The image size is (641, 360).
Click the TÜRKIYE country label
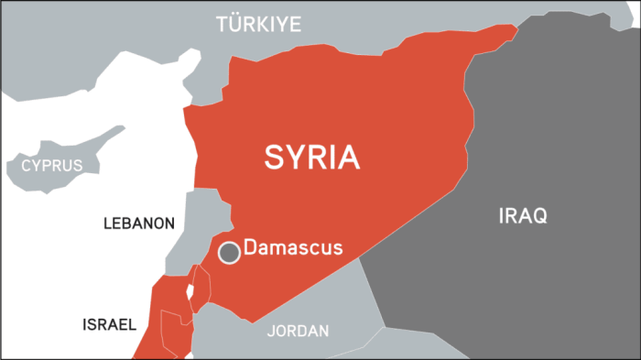tap(258, 25)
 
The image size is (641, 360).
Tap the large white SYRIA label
tap(312, 158)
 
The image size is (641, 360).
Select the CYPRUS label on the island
tap(51, 167)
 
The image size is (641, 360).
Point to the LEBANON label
tap(138, 223)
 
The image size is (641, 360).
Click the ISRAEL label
tap(109, 324)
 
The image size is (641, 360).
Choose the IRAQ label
tap(523, 217)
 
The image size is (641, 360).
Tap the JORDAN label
tap(298, 331)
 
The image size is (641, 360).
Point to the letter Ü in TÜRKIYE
tap(237, 24)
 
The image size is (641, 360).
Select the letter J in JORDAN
tap(270, 331)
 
